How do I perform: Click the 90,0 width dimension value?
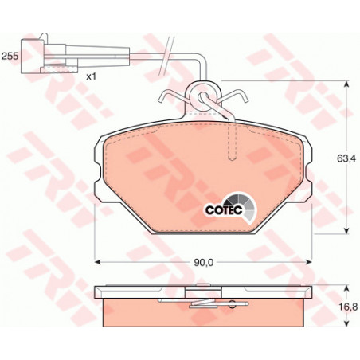tap(204, 262)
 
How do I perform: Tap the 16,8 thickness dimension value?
tap(350, 307)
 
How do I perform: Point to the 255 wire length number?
tap(10, 56)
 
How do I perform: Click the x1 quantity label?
tap(91, 76)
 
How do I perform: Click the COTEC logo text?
tap(224, 210)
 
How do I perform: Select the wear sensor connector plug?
tap(49, 56)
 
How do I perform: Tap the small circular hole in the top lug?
tap(203, 97)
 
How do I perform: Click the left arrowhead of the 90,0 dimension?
tap(97, 262)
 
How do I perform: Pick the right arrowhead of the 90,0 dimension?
tap(309, 262)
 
